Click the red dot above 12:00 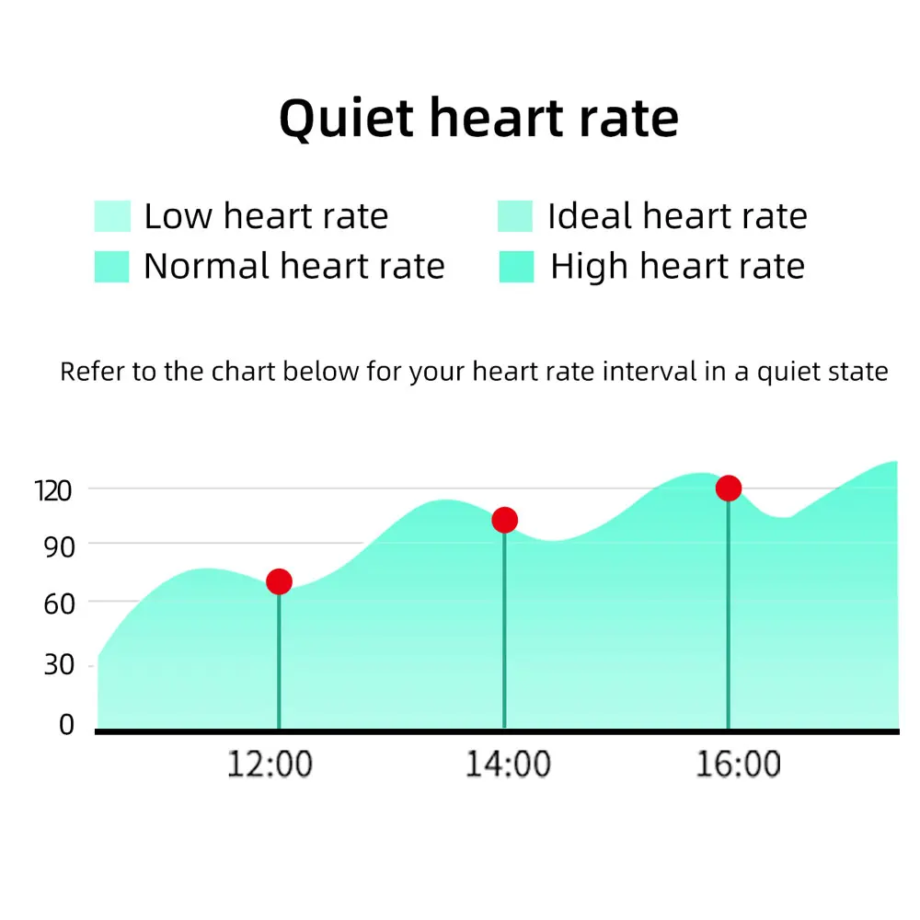coord(279,581)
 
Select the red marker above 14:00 coord(504,521)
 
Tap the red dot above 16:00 coord(729,488)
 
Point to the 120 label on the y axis coord(52,490)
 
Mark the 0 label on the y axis coord(66,725)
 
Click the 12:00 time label coord(270,765)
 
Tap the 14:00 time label coord(508,765)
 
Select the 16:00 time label coord(738,765)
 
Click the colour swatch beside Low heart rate coord(112,217)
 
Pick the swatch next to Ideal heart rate coord(515,217)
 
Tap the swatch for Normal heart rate coord(112,267)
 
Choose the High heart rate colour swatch coord(515,267)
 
